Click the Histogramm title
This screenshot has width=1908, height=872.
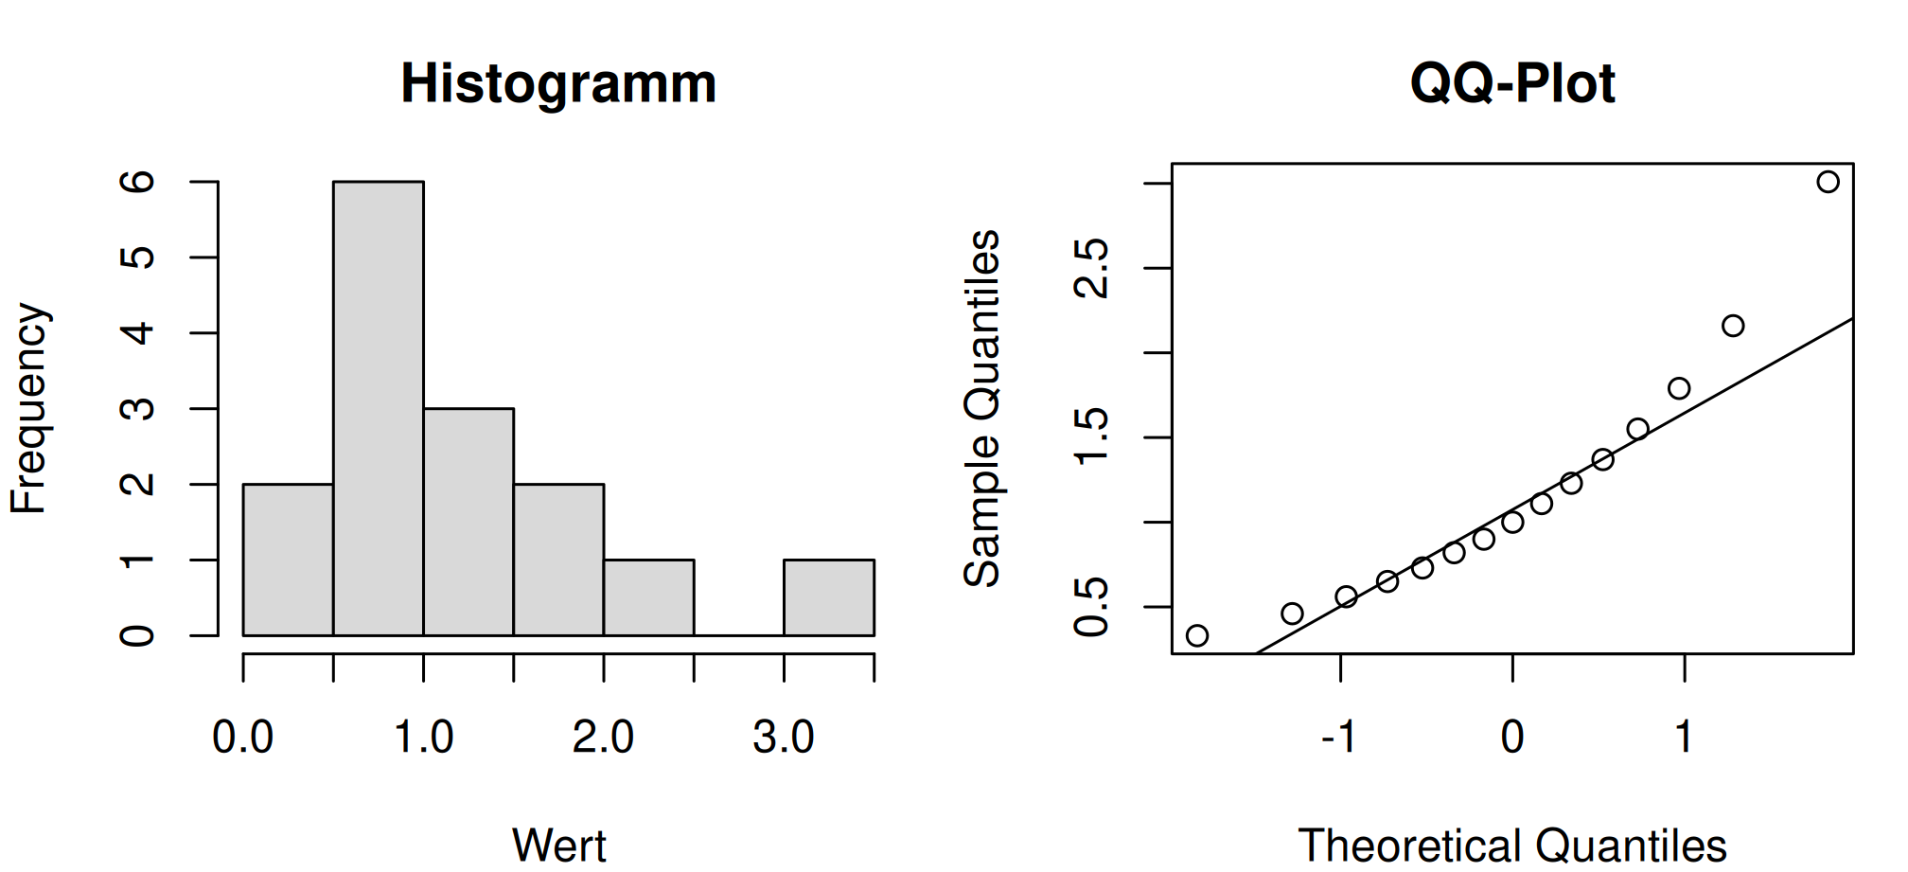tap(558, 85)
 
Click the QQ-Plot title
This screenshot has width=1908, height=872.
tap(1512, 83)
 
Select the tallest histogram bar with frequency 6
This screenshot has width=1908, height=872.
tap(379, 408)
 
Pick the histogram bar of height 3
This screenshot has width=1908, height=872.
tap(468, 522)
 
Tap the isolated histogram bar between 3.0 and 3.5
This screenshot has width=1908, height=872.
tap(829, 597)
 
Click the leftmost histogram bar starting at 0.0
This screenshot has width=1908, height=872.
tap(288, 560)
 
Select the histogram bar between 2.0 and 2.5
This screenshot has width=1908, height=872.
tap(649, 597)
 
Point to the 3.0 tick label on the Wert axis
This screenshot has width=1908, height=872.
tap(784, 737)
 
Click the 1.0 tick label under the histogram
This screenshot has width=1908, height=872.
tap(423, 737)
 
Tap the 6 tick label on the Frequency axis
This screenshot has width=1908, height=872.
tap(138, 182)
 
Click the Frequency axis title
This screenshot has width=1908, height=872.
tap(28, 408)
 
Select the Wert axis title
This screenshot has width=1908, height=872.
tap(558, 845)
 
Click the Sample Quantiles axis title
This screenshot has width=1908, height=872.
tap(982, 408)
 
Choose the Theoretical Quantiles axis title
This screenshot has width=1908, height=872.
tap(1512, 845)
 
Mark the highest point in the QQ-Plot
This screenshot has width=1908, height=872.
tap(1828, 182)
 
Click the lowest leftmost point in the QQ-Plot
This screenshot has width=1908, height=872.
tap(1197, 635)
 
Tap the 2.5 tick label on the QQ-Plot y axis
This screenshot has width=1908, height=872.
tap(1092, 268)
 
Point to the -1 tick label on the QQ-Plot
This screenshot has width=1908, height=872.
tap(1339, 737)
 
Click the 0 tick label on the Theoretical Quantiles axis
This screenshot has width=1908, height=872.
tap(1512, 737)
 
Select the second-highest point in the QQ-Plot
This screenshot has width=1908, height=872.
tap(1733, 326)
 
